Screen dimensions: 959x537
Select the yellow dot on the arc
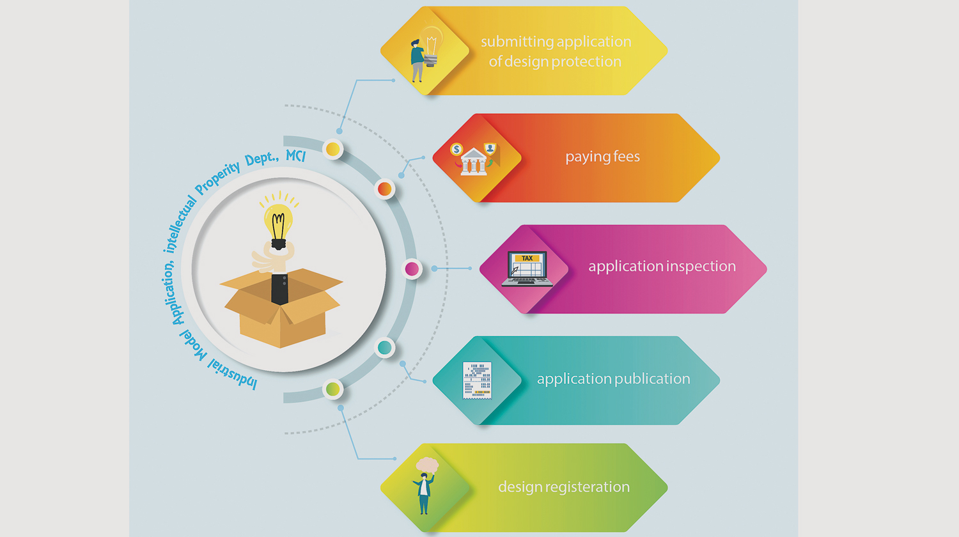[332, 149]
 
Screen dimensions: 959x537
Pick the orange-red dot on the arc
[384, 189]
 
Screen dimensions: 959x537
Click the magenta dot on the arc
[412, 269]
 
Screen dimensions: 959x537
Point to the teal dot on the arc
[384, 348]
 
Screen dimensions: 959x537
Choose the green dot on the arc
[332, 389]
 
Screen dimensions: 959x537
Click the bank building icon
[473, 162]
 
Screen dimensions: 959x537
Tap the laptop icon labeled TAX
[527, 268]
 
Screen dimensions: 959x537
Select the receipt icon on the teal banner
[477, 380]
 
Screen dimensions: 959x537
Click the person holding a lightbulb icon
[426, 54]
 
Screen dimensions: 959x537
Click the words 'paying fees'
[602, 157]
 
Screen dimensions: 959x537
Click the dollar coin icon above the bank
[456, 150]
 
